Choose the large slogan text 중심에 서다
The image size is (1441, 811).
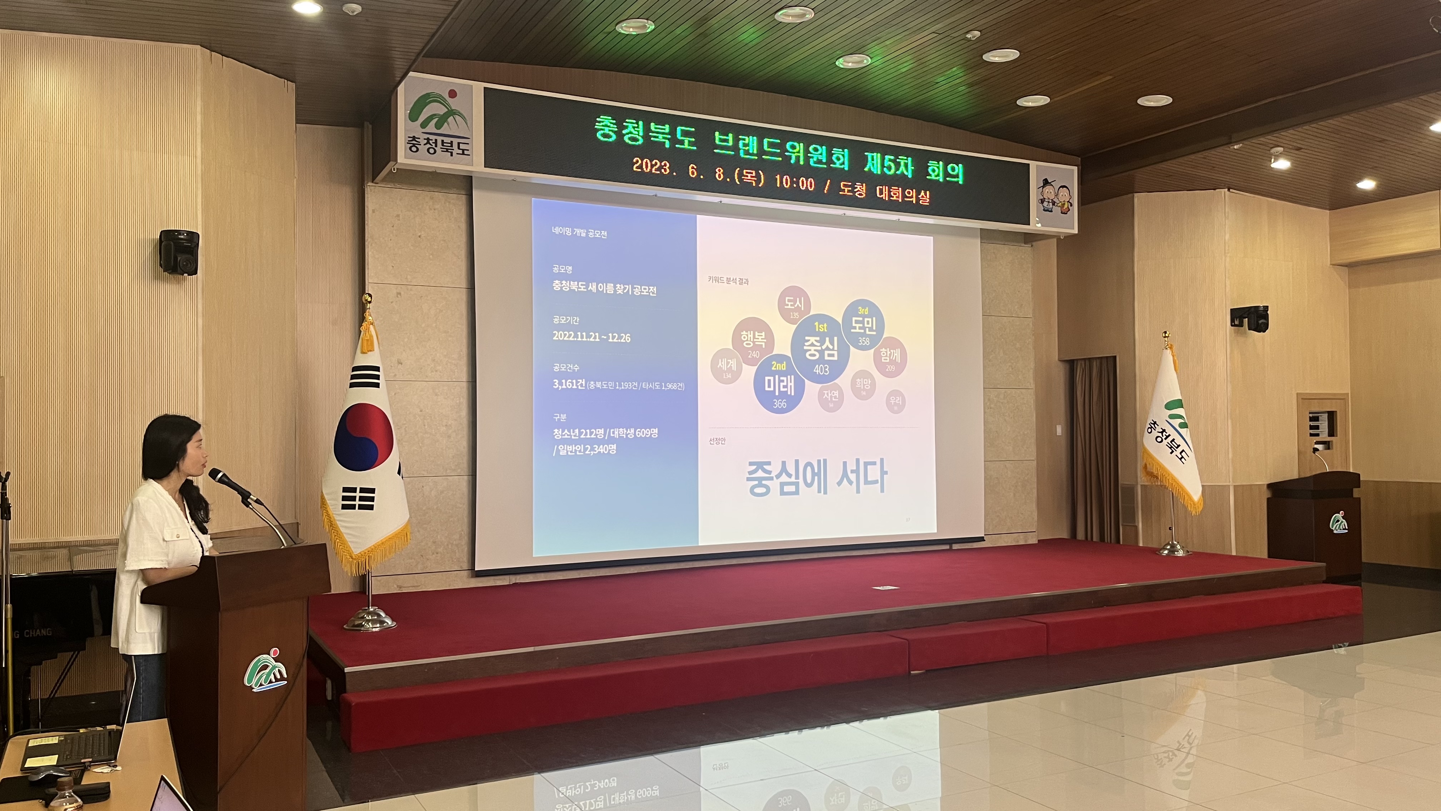pyautogui.click(x=816, y=477)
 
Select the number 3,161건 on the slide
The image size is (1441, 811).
pyautogui.click(x=568, y=384)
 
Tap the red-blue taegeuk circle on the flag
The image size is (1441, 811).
pyautogui.click(x=363, y=437)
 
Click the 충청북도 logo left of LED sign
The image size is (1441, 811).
pyautogui.click(x=438, y=123)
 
